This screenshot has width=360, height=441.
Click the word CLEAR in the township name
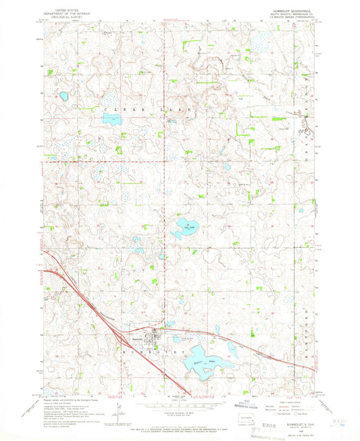[115, 108]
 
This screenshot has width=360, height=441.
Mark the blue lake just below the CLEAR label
[111, 121]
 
